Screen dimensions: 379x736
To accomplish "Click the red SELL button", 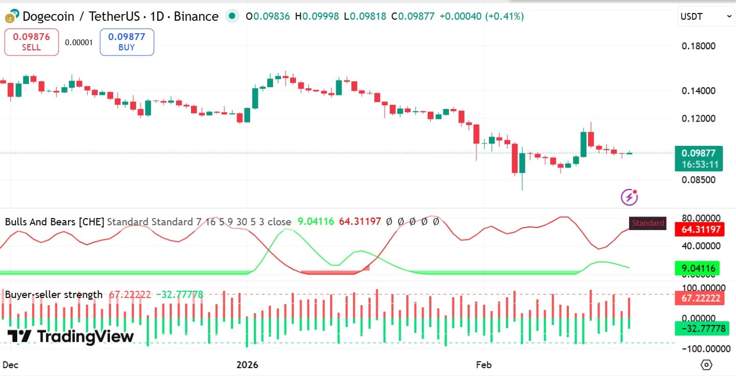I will [x=31, y=42].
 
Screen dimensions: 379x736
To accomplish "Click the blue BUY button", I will [x=127, y=42].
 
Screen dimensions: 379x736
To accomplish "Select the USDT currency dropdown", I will [x=706, y=17].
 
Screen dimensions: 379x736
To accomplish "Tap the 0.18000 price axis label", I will [x=698, y=46].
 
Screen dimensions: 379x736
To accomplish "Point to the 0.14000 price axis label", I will [x=698, y=91].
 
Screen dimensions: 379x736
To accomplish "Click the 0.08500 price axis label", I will [x=698, y=180].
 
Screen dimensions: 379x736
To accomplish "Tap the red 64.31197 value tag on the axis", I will [x=698, y=229].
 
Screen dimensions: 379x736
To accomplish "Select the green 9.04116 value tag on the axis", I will [x=698, y=268].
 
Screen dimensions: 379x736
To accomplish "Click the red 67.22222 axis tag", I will [x=698, y=298].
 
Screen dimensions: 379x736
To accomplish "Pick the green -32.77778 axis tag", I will [x=698, y=329].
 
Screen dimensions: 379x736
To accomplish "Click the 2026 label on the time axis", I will [x=247, y=365].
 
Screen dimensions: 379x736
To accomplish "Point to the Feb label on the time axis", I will [x=484, y=365].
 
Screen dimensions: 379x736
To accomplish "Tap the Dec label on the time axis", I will [x=10, y=365].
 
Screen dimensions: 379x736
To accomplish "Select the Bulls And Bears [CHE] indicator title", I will [x=54, y=222].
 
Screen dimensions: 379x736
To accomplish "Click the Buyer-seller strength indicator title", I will [x=53, y=294].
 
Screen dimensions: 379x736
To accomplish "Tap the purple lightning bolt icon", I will [x=629, y=197].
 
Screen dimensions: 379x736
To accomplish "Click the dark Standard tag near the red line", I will [x=647, y=223].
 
